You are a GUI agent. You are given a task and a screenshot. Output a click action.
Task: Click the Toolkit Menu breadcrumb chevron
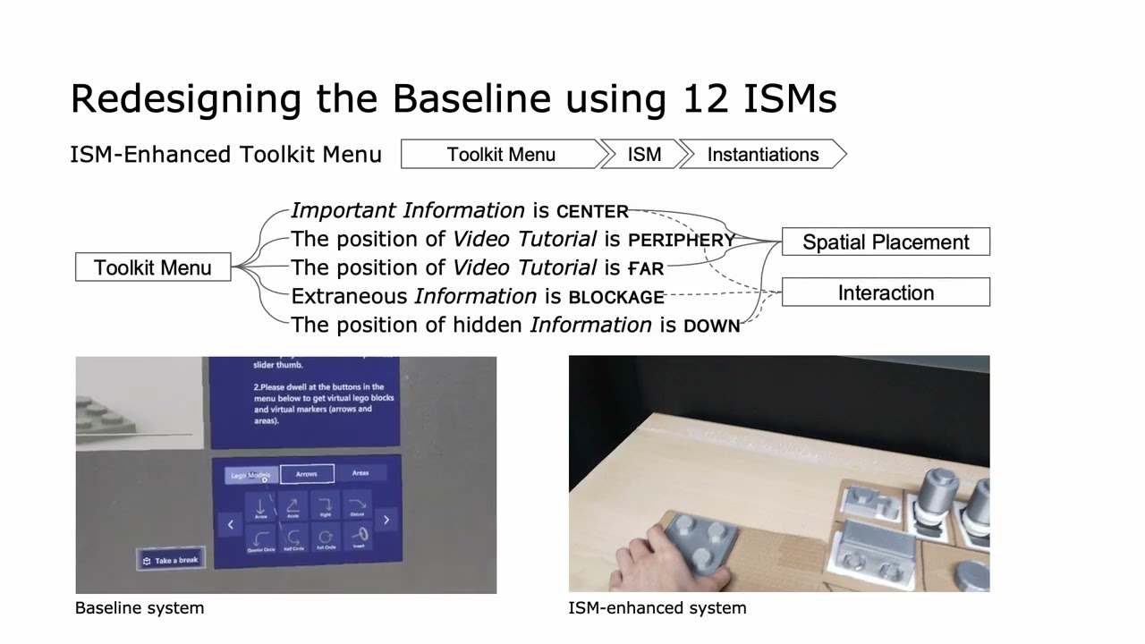coord(501,155)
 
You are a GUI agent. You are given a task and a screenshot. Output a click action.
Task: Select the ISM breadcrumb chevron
coord(644,155)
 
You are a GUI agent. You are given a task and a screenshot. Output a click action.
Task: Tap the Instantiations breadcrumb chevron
coord(763,155)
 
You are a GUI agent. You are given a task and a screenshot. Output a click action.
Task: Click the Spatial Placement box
coord(886,242)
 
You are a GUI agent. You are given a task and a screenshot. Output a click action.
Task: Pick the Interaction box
coord(886,292)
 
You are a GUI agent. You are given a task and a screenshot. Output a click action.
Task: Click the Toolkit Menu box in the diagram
coord(153,267)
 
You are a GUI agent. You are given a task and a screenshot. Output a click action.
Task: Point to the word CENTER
coord(592,212)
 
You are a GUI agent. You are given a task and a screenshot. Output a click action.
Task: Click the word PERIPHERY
coord(682,240)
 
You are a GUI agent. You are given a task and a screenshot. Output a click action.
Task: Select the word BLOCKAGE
coord(616,297)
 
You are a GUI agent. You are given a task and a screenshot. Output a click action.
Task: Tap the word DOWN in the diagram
coord(711,326)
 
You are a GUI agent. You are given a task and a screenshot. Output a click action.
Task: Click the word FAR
coord(646,268)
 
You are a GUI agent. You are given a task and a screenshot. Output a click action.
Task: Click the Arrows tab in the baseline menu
coord(307,474)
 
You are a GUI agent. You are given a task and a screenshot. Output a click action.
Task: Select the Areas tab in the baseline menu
coord(360,473)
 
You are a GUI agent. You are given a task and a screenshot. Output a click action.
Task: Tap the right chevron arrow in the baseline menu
coord(386,520)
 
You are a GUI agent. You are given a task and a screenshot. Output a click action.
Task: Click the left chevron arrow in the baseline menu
coord(230,524)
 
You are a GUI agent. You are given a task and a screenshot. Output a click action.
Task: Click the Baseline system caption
coord(140,608)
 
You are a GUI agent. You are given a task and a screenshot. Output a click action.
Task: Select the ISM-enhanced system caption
coord(657,608)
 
